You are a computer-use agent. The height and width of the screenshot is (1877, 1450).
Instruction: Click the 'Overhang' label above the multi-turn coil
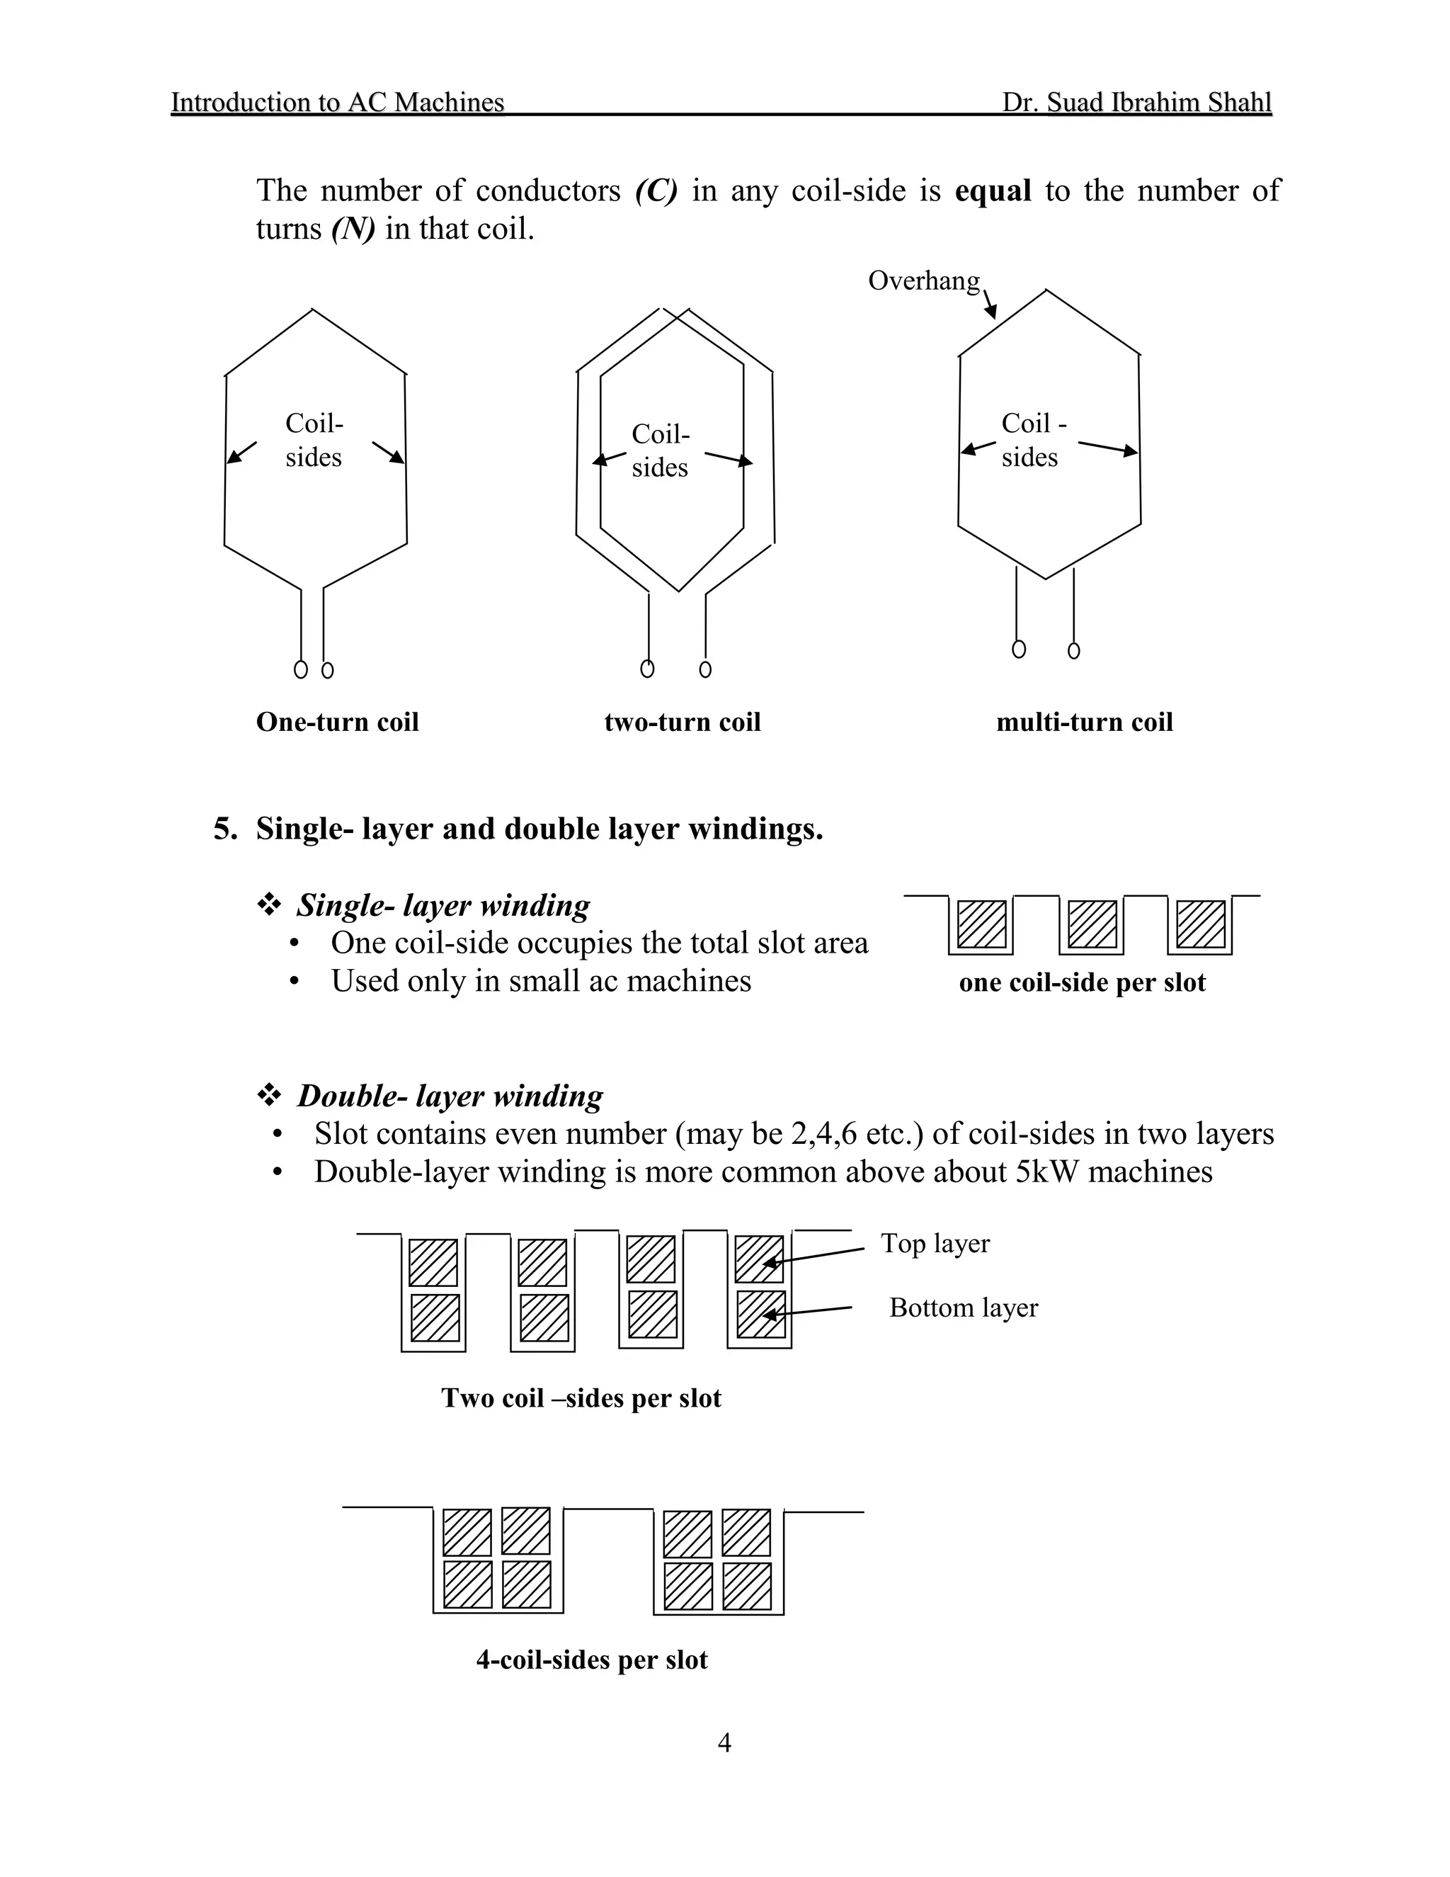pos(923,280)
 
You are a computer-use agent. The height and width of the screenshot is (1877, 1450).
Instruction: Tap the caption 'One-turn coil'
pos(337,722)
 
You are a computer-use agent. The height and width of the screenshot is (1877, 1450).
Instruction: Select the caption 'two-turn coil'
pos(682,722)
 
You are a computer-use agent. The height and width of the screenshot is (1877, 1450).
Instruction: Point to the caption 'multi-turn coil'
pos(1084,722)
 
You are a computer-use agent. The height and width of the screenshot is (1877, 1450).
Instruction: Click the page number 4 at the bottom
pos(724,1743)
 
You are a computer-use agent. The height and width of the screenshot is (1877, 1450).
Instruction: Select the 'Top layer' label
pos(935,1244)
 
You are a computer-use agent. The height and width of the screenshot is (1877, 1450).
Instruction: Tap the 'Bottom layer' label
pos(963,1308)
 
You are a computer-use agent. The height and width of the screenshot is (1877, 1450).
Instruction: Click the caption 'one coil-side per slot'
pos(1082,982)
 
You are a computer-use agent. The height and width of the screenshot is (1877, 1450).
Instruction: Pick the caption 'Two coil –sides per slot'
pos(581,1398)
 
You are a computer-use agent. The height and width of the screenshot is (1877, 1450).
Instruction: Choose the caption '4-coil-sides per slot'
pos(591,1660)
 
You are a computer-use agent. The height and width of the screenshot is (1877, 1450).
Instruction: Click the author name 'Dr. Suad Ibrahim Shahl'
pos(1136,102)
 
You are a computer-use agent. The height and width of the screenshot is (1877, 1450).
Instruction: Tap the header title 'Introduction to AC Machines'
pos(337,102)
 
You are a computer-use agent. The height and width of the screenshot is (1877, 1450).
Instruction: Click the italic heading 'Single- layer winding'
pos(443,905)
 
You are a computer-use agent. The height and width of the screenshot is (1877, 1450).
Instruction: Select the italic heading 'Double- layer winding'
pos(450,1096)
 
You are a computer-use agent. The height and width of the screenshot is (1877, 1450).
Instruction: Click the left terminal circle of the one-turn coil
pos(301,669)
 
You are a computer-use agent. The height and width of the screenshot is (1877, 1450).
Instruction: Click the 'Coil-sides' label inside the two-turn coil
pos(660,450)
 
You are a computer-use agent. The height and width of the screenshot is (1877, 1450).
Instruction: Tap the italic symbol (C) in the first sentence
pos(656,190)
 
